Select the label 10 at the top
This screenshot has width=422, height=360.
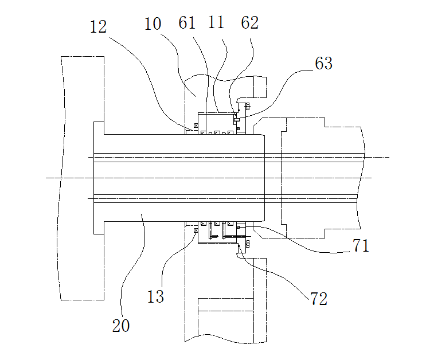[153, 24]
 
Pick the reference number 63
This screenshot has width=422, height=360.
[323, 64]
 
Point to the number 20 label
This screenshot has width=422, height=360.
[121, 325]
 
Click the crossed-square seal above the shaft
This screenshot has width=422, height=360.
[196, 126]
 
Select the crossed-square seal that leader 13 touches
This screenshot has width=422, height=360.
[196, 230]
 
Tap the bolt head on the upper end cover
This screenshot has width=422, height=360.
[247, 107]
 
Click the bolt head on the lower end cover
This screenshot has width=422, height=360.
[247, 244]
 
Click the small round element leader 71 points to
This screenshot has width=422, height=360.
[238, 228]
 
